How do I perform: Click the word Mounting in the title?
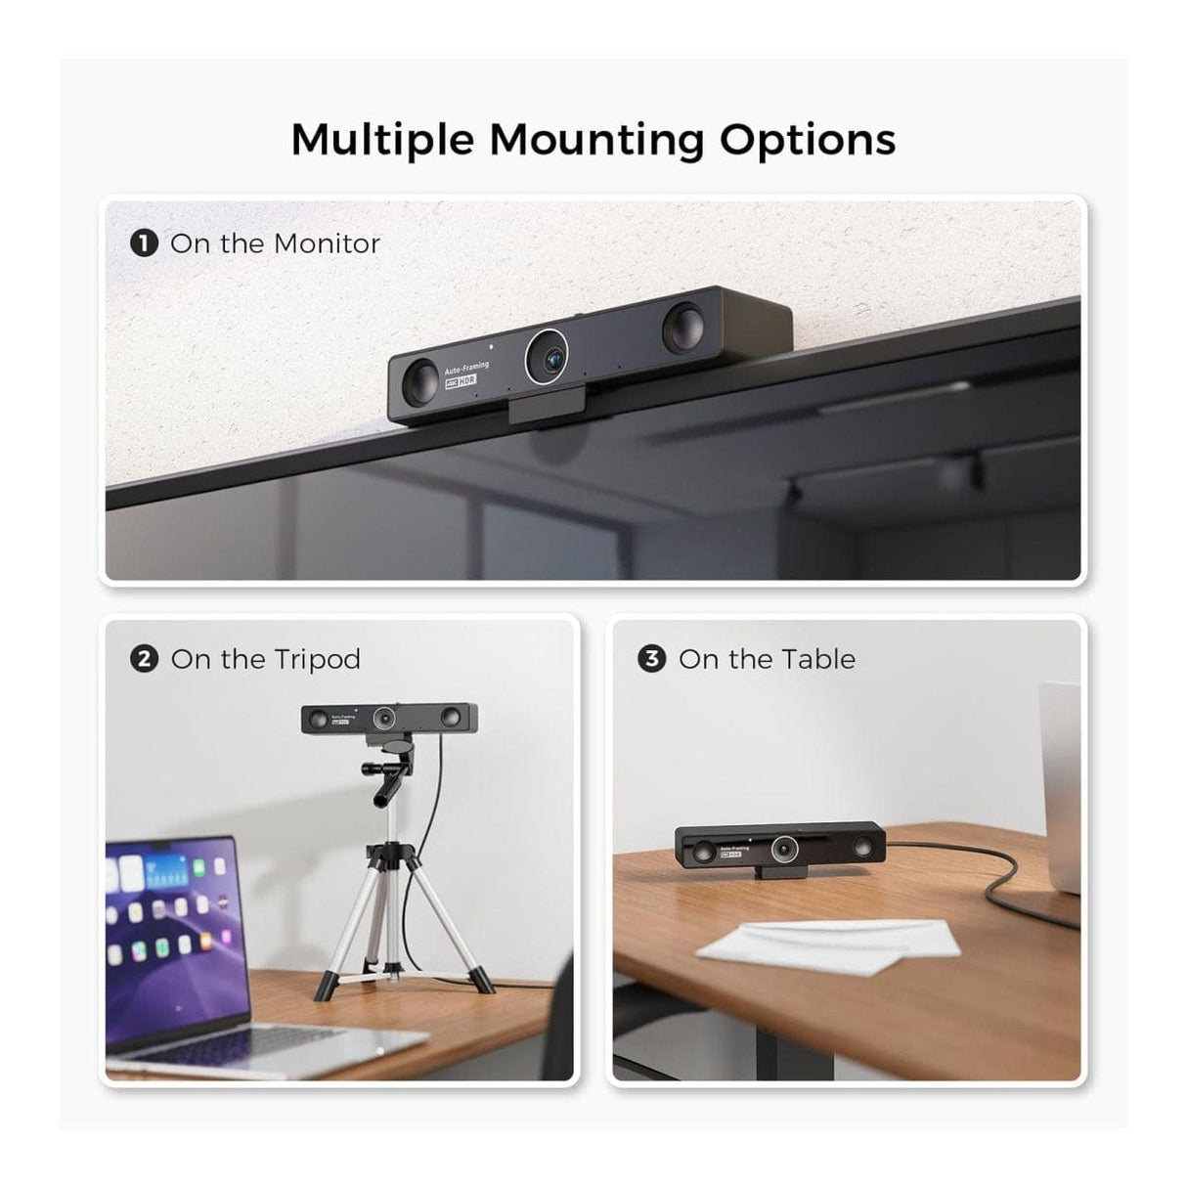click(x=595, y=140)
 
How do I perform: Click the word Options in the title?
click(x=808, y=140)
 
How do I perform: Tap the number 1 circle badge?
click(x=144, y=242)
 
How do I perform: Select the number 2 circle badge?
click(x=144, y=659)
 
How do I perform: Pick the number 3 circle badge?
click(x=651, y=659)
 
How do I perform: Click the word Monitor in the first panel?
click(x=328, y=242)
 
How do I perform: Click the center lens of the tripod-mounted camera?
click(x=385, y=719)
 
